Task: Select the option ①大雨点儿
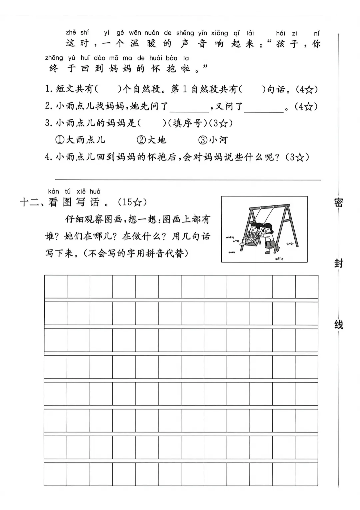coord(80,140)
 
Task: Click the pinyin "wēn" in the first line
coord(135,33)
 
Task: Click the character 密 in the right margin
coord(339,202)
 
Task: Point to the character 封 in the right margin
coord(339,263)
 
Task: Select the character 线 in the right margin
coord(339,324)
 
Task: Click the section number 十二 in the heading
coord(29,202)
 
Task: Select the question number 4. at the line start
coord(49,157)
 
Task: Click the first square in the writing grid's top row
coord(56,286)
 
